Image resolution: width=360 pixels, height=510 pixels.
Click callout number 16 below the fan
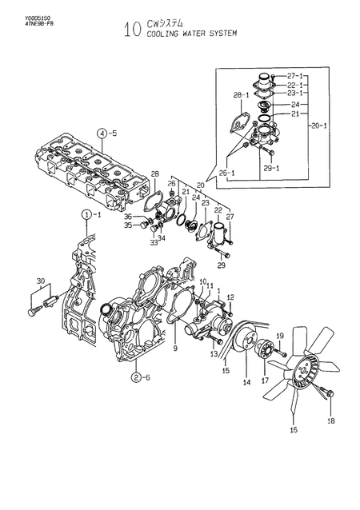293,429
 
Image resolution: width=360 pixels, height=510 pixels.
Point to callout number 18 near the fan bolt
330,420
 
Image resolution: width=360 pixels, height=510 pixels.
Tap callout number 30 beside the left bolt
41,281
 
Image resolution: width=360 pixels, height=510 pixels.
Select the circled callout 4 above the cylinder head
102,133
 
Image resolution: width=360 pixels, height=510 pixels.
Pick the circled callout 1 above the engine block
85,215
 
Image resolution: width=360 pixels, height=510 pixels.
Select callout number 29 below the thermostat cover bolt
221,265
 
